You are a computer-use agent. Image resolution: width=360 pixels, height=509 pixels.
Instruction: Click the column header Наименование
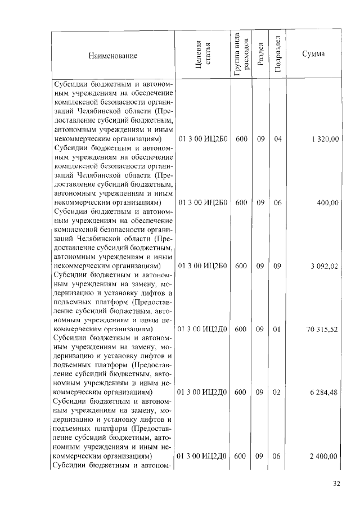112,56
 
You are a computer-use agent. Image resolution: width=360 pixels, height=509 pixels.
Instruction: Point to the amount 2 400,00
323,456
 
